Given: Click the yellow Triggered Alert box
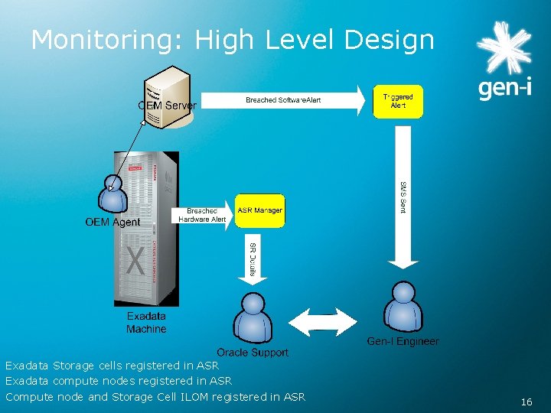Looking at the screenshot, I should click(398, 102).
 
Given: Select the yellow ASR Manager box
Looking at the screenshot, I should click(259, 210).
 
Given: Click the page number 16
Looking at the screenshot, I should click(526, 402).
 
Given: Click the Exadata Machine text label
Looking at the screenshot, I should click(146, 323).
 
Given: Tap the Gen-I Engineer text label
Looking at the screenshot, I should click(403, 341).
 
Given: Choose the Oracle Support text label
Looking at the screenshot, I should click(253, 353).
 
